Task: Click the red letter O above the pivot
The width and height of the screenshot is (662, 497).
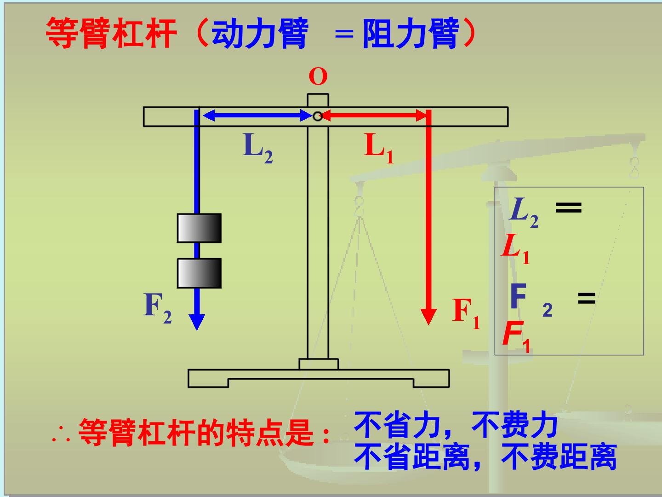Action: point(318,77)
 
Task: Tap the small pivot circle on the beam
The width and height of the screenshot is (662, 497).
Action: point(318,116)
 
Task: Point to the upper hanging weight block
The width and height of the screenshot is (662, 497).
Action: point(200,228)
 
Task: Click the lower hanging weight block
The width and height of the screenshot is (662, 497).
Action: point(200,273)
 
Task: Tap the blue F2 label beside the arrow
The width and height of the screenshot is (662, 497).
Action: point(157,308)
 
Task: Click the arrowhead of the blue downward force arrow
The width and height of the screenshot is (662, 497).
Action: point(197,322)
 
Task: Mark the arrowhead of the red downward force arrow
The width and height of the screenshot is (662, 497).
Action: point(428,317)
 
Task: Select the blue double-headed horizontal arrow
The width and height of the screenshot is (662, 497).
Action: point(257,115)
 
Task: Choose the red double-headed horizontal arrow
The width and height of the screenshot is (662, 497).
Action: point(374,115)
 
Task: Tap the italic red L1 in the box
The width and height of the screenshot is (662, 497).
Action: point(515,248)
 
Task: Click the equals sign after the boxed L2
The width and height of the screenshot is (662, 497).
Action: point(569,208)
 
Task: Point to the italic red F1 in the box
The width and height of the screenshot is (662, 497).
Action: point(516,336)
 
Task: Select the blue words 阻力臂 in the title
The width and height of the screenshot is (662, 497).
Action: point(411,33)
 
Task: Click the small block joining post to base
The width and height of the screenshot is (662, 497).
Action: point(319,364)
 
